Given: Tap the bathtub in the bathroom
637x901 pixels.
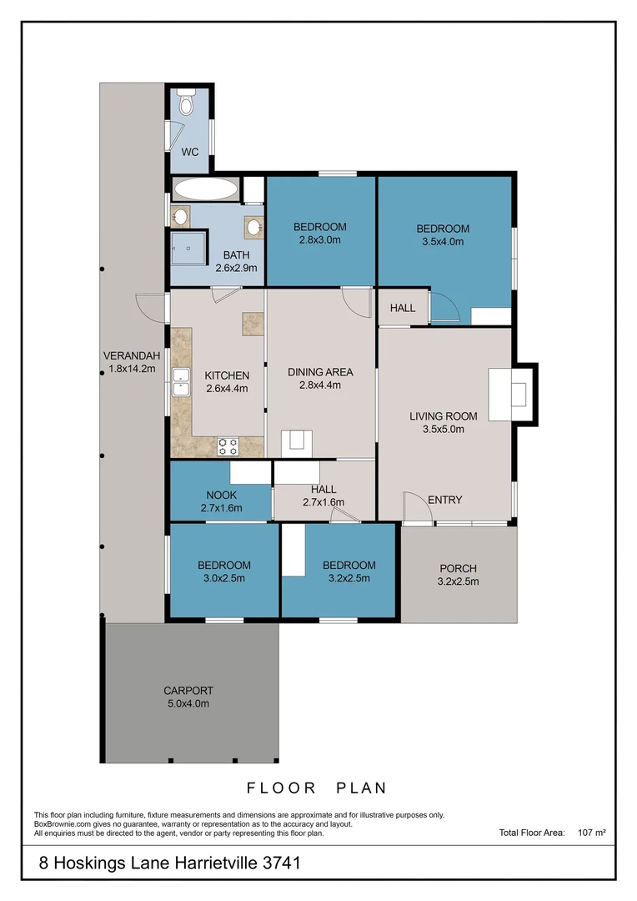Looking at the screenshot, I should tap(204, 189).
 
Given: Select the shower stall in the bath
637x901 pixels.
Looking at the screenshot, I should tap(188, 247).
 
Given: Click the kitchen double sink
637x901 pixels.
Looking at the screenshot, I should tap(180, 382).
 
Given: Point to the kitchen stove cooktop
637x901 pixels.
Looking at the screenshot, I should tap(228, 445).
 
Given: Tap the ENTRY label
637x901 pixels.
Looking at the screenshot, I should tap(444, 500).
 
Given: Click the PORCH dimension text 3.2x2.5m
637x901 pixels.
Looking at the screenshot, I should tap(458, 581).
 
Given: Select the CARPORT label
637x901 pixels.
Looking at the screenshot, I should tap(188, 691).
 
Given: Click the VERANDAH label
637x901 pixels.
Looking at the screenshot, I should tap(129, 355).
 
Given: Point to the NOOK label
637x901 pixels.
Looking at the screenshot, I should tap(221, 495).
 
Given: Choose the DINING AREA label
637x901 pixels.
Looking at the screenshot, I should tap(320, 372).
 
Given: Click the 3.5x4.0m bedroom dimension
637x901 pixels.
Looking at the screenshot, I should tap(443, 241).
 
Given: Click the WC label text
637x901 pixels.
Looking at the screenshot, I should tap(189, 153).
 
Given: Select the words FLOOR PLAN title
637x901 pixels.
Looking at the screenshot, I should tap(317, 788).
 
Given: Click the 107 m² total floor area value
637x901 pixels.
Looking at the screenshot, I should tap(591, 832).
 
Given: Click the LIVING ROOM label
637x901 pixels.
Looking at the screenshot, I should tap(443, 416).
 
